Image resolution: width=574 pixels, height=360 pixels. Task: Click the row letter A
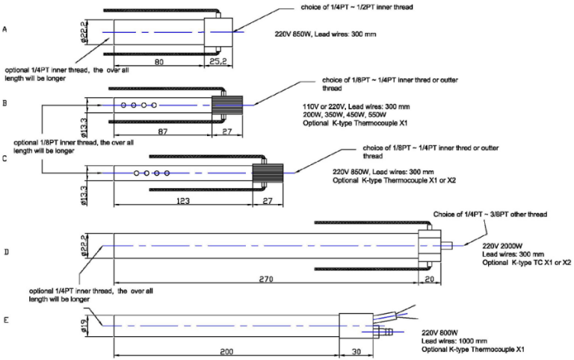(5, 29)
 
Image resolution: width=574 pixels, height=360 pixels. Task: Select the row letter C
(5, 159)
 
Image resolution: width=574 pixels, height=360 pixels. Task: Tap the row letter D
(5, 252)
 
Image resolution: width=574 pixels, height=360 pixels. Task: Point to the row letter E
(5, 320)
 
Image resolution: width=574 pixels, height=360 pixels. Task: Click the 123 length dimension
(182, 201)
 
